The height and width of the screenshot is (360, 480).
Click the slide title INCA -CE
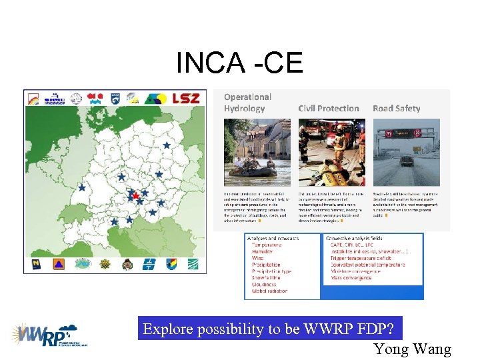click(239, 63)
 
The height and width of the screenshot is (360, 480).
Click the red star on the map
click(135, 196)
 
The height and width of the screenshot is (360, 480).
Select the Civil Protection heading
click(328, 108)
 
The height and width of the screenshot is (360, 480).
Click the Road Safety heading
click(396, 108)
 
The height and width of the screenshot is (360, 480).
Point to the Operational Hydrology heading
click(247, 103)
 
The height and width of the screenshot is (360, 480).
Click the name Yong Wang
click(412, 349)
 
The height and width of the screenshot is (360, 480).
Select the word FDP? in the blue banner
click(381, 329)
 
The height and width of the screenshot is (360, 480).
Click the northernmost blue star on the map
click(166, 145)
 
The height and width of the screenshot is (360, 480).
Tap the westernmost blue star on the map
click(82, 188)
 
